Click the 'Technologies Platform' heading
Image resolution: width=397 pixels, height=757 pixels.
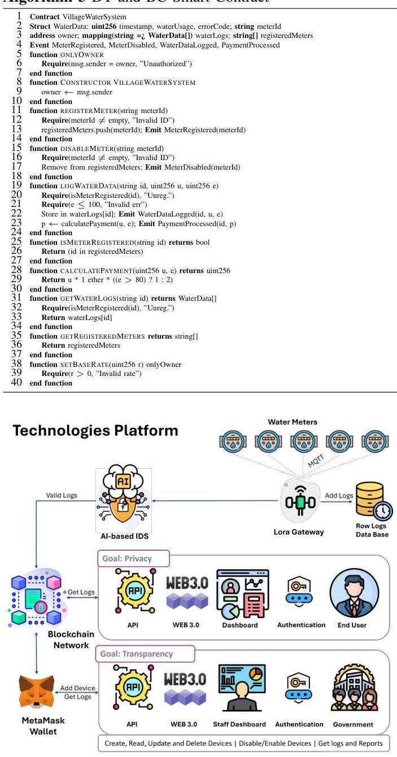click(95, 431)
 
